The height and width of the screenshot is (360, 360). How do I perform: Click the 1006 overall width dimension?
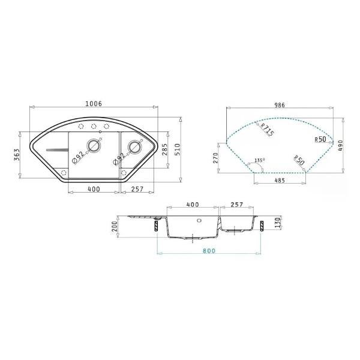tap(93, 104)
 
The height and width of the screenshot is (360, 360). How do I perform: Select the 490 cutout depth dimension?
tap(340, 145)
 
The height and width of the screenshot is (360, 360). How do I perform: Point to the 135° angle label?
tap(259, 160)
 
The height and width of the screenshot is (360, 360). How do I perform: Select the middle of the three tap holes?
tap(94, 126)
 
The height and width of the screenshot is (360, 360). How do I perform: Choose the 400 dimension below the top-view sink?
tap(93, 189)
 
